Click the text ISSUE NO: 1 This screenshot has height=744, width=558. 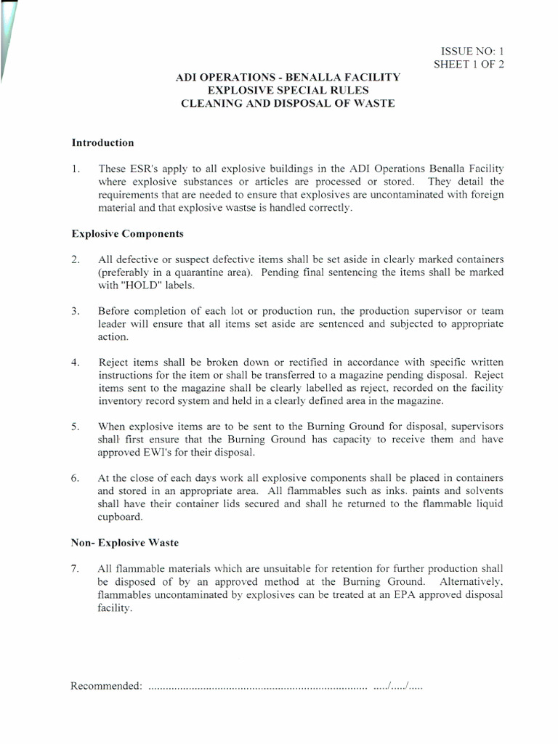pyautogui.click(x=472, y=51)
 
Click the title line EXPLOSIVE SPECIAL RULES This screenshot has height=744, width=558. pyautogui.click(x=288, y=90)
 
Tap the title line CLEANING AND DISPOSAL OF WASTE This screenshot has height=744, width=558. pyautogui.click(x=288, y=103)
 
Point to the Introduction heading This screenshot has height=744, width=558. pyautogui.click(x=102, y=142)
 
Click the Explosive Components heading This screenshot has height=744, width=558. pyautogui.click(x=127, y=234)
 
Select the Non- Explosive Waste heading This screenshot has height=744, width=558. pyautogui.click(x=124, y=542)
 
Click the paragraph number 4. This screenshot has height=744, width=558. pyautogui.click(x=75, y=363)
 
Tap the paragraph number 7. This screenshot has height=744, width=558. pyautogui.click(x=75, y=568)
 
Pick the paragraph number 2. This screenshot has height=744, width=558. pyautogui.click(x=75, y=259)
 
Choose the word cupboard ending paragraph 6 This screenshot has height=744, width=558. pyautogui.click(x=120, y=517)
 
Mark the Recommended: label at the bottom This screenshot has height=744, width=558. pyautogui.click(x=106, y=687)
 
